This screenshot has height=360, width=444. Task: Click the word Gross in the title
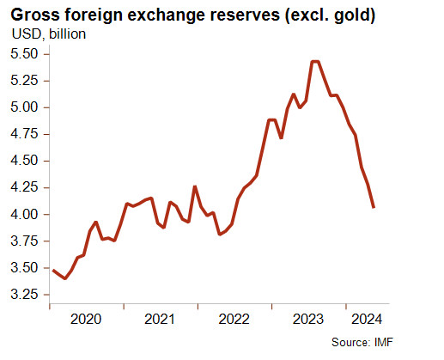click(x=35, y=15)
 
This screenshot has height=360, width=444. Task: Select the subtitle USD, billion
click(x=49, y=34)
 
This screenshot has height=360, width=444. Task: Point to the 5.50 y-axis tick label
click(x=24, y=54)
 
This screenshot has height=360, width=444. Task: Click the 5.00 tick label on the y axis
click(x=24, y=107)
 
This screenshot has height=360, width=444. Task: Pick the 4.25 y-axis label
click(x=24, y=187)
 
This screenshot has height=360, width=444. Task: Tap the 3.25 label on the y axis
click(x=24, y=295)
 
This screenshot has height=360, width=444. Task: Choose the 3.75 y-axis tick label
click(x=24, y=241)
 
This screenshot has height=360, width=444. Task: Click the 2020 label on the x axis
click(x=86, y=320)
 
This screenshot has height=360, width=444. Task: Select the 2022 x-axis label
click(x=234, y=320)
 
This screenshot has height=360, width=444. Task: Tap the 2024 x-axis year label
click(x=367, y=320)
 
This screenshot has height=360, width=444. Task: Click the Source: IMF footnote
click(x=362, y=342)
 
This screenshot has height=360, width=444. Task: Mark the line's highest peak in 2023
click(x=315, y=61)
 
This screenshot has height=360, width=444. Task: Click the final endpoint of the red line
click(x=374, y=207)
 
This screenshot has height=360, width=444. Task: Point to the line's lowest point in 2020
click(x=65, y=278)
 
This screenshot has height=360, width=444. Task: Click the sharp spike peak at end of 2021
click(x=195, y=186)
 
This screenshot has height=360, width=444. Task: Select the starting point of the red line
click(x=53, y=270)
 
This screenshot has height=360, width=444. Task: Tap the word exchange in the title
click(x=167, y=15)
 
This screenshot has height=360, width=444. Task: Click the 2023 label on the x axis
click(x=308, y=320)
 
